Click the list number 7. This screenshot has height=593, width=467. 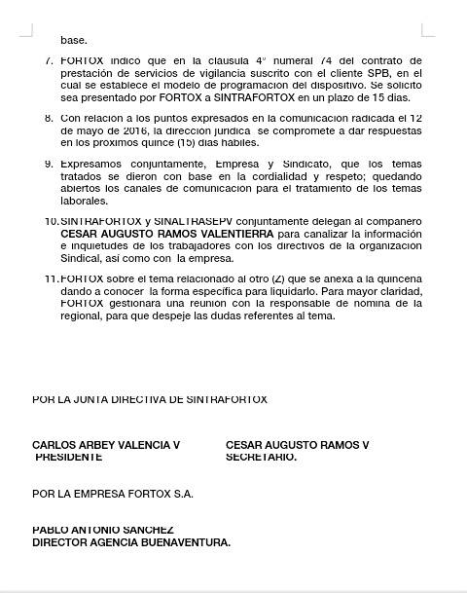tap(49, 60)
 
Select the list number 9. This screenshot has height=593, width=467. tap(49, 164)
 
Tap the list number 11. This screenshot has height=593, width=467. tap(52, 278)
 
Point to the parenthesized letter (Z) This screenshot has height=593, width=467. tap(277, 278)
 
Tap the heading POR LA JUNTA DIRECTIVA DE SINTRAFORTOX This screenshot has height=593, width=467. tap(150, 399)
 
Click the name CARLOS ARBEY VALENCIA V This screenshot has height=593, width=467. tap(106, 445)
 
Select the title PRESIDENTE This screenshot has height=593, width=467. tap(69, 457)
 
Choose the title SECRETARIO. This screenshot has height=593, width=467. tap(261, 457)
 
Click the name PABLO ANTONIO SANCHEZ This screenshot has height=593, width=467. tap(103, 530)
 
